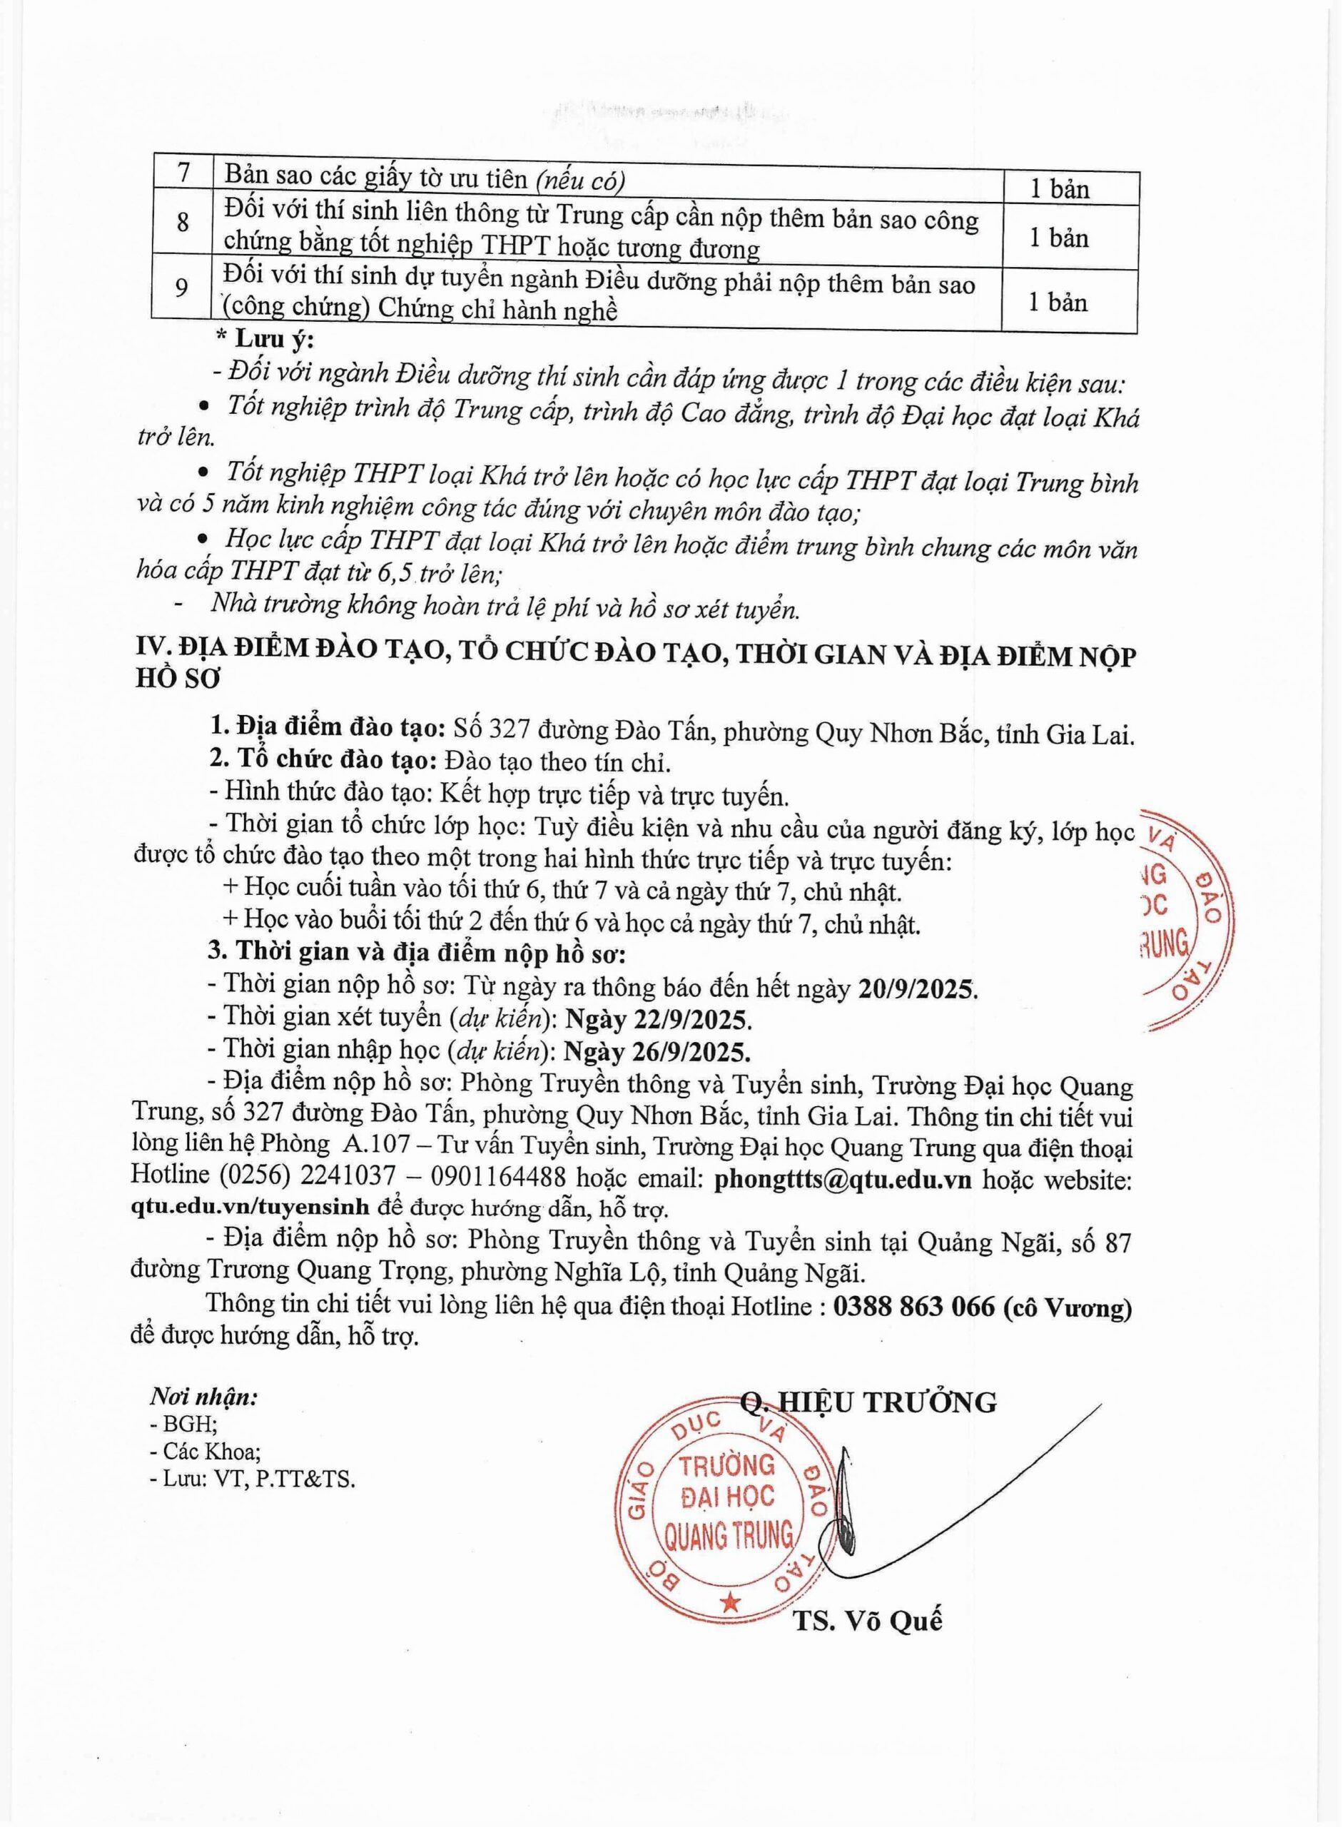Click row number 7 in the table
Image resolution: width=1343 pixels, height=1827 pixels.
182,174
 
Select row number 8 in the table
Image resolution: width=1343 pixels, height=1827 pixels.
182,221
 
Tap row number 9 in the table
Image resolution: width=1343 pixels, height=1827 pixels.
182,287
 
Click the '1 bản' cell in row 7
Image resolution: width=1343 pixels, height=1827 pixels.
1059,189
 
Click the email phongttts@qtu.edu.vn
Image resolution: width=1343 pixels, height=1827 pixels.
842,1180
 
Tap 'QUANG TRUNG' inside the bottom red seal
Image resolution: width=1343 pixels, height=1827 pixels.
729,1536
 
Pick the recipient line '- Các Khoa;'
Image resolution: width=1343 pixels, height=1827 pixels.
204,1452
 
